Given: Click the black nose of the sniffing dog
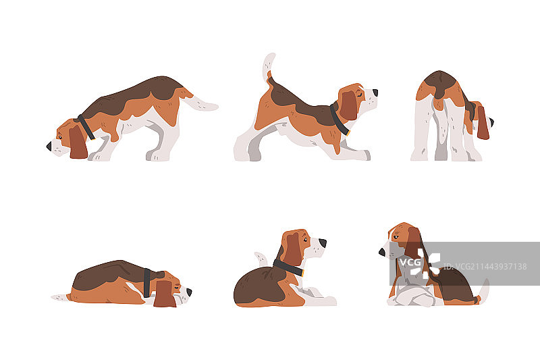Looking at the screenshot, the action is point(49,146).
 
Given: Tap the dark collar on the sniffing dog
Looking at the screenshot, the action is point(86,127).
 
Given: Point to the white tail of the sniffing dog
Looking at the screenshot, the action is point(200,103).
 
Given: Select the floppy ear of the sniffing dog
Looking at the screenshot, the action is point(78,143).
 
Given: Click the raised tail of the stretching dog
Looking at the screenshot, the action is point(269,66).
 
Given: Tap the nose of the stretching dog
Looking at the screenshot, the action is point(375,93).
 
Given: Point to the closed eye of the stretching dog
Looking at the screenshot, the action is point(360,93).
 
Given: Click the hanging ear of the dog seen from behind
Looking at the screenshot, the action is point(483,122).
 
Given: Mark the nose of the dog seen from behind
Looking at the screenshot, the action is point(491,122).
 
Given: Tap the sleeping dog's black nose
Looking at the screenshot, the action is point(189,292).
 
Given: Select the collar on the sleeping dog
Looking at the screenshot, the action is point(147,283).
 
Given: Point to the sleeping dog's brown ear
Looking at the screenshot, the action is point(165,294).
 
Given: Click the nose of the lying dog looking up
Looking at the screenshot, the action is point(323,242).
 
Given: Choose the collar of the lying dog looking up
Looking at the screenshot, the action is point(289,267).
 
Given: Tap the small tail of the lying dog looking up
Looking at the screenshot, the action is point(261,259).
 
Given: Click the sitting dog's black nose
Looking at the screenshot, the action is point(382,252).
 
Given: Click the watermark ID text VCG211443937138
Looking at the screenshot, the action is point(485,266).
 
